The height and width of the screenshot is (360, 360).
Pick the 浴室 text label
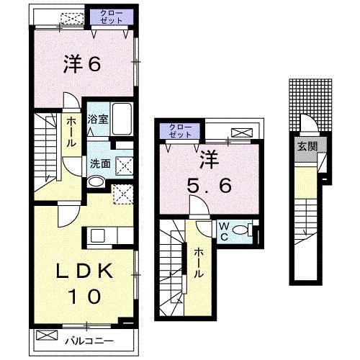click(x=98, y=120)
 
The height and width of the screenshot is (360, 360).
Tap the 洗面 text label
click(x=99, y=163)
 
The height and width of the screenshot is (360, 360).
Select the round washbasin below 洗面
click(x=95, y=181)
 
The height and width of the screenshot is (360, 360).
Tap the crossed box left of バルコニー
click(x=46, y=336)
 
